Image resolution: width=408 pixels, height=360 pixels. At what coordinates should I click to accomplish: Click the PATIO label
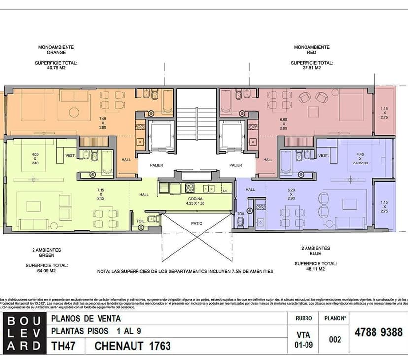point(197,223)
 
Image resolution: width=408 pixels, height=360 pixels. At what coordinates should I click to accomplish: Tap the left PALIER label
point(157,165)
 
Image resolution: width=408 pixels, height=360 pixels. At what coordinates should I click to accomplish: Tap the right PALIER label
point(236,165)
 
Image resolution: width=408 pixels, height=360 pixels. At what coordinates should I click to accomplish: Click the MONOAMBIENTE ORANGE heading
point(56,49)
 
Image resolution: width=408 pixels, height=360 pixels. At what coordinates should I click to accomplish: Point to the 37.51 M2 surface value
point(311,68)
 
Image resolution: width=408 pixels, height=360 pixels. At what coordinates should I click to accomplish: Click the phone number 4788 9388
point(378,332)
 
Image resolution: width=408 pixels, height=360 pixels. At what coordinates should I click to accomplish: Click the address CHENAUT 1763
point(133,346)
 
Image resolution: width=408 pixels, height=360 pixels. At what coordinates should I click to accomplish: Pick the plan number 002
point(334,339)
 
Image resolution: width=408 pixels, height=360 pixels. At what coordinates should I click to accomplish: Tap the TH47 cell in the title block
point(64,346)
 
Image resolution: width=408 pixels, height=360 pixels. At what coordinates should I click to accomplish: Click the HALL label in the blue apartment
point(250,189)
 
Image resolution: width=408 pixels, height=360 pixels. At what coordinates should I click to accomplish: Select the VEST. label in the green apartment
point(69,156)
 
